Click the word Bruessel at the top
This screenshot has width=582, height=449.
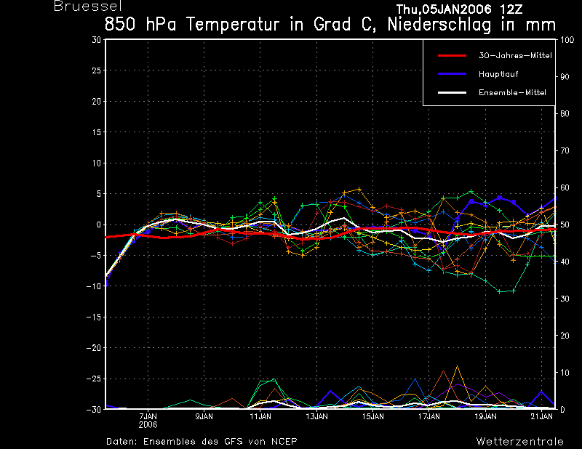[x=88, y=7]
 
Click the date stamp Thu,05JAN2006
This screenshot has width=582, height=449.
[x=444, y=9]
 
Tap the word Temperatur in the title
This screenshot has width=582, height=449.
[x=233, y=25]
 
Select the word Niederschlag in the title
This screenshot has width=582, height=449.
[x=439, y=25]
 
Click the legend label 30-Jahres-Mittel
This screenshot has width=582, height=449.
[x=515, y=56]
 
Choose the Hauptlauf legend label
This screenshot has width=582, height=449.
[x=498, y=74]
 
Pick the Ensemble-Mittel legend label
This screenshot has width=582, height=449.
[x=512, y=93]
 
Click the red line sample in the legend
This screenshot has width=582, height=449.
[x=452, y=56]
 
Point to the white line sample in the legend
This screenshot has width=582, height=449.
[x=452, y=93]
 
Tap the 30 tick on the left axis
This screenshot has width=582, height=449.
[x=97, y=39]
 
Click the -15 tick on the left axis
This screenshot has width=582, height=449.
[x=94, y=317]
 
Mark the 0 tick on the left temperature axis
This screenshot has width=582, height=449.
[x=98, y=224]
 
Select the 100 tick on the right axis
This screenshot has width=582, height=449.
[x=567, y=40]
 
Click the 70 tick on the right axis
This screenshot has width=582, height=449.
[x=565, y=150]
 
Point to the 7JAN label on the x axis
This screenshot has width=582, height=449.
[x=148, y=417]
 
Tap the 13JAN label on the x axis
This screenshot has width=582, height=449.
[x=316, y=417]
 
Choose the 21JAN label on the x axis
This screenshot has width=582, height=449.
[x=541, y=417]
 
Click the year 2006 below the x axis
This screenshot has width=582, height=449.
[x=148, y=425]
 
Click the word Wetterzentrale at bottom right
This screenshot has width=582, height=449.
[x=519, y=442]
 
